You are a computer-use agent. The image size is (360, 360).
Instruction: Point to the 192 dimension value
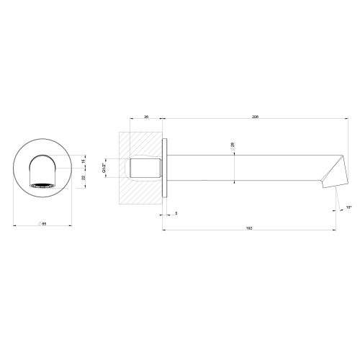tap(249, 227)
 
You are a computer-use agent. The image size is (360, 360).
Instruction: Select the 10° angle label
tap(349, 207)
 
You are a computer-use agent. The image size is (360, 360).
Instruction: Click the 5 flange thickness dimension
tap(176, 213)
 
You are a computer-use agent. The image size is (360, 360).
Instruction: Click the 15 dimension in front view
tap(83, 161)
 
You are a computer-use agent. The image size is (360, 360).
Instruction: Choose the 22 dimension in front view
tap(83, 177)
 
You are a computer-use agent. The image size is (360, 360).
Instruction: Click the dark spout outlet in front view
tap(44, 185)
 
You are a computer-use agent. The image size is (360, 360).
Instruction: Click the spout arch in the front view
tap(44, 162)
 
